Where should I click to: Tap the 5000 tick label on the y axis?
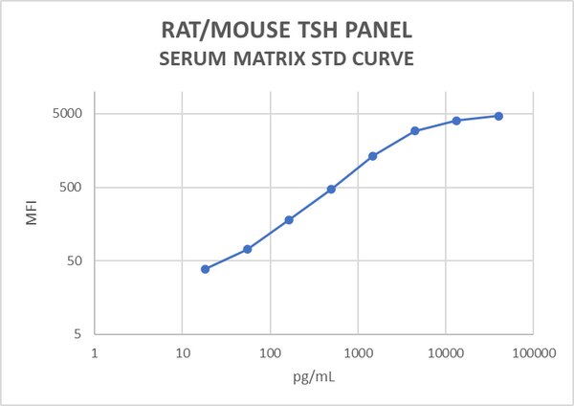(x=69, y=114)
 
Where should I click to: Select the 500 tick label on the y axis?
(x=73, y=188)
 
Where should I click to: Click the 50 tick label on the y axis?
(x=77, y=261)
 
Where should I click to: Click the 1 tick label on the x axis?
(x=95, y=352)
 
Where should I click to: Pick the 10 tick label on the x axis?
(x=182, y=352)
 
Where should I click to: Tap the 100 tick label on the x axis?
(x=270, y=352)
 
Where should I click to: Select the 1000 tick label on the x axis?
(x=358, y=352)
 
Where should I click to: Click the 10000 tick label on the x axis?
(x=445, y=352)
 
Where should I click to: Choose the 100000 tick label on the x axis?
(x=532, y=352)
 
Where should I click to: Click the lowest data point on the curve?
(x=205, y=269)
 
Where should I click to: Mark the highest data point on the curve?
(x=498, y=116)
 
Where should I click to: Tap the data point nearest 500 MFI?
(x=331, y=189)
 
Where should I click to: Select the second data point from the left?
(x=247, y=249)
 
